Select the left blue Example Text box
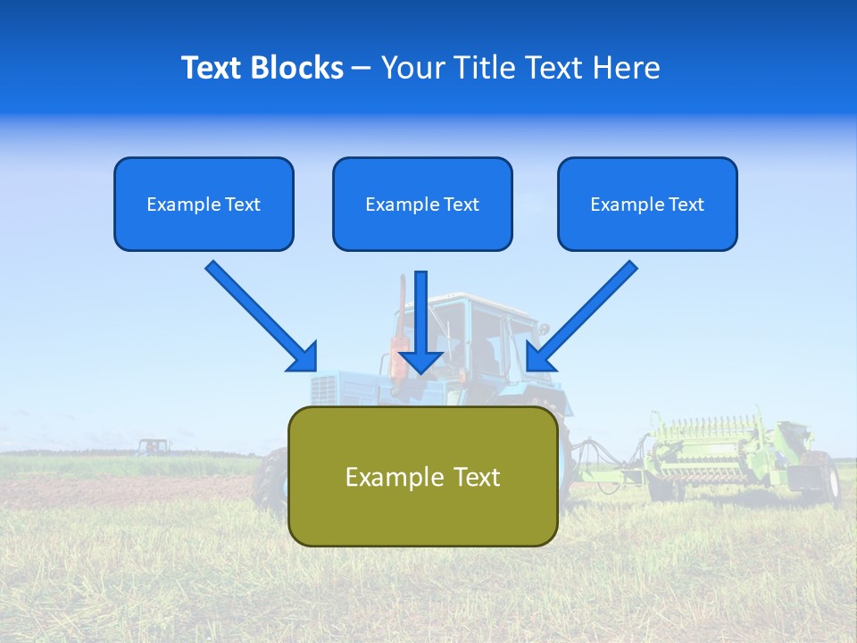click(204, 205)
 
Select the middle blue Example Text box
click(422, 205)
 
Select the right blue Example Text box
click(647, 205)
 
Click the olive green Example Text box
click(422, 476)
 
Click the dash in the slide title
click(362, 68)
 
